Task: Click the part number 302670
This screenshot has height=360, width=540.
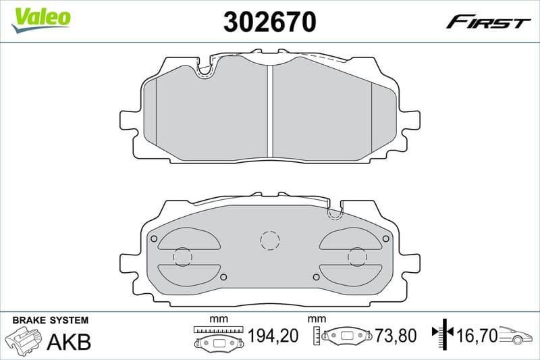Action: pyautogui.click(x=269, y=22)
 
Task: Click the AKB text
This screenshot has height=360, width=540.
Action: pyautogui.click(x=68, y=342)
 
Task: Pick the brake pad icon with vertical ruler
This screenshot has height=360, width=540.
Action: pyautogui.click(x=344, y=336)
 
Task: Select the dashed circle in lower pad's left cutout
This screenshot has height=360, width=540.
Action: pyautogui.click(x=182, y=257)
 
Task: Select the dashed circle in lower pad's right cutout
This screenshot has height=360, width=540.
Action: pyautogui.click(x=356, y=257)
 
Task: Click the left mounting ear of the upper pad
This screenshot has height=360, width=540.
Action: pyautogui.click(x=130, y=119)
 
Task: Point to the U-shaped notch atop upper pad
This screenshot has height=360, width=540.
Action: pyautogui.click(x=206, y=68)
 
